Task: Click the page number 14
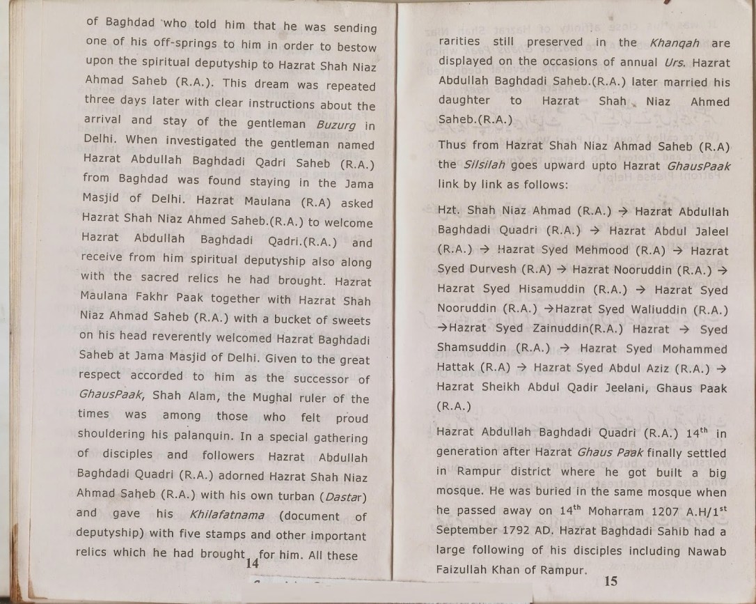(251, 564)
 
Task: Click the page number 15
(611, 581)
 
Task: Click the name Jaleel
(707, 230)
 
